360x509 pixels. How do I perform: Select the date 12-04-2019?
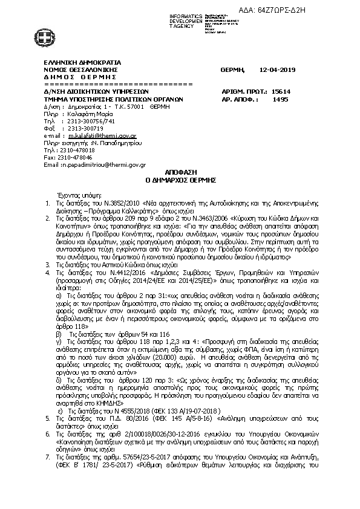275,70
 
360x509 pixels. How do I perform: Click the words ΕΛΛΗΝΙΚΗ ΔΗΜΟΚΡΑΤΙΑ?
82,62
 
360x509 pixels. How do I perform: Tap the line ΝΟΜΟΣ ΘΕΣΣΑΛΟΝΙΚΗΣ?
80,70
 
